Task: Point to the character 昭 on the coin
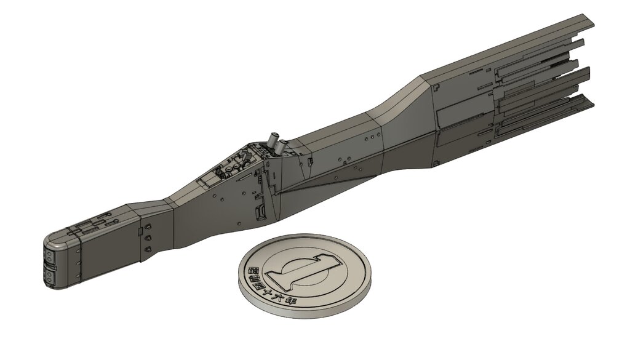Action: [x=252, y=270]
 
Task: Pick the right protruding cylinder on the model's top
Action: [x=283, y=147]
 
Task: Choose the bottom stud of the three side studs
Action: [x=148, y=249]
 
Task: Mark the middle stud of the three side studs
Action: [x=148, y=238]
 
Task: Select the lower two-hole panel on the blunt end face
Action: [x=49, y=278]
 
